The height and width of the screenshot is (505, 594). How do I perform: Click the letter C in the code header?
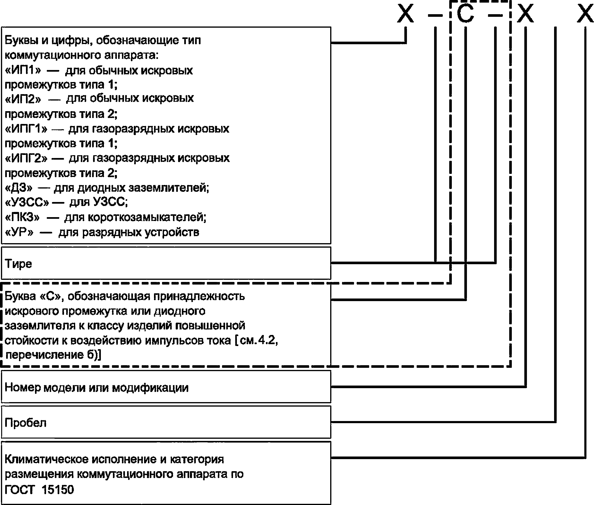pyautogui.click(x=465, y=14)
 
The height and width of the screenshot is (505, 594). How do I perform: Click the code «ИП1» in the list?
pyautogui.click(x=23, y=70)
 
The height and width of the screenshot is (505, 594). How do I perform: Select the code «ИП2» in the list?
pyautogui.click(x=23, y=99)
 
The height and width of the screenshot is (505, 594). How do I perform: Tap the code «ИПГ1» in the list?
pyautogui.click(x=26, y=129)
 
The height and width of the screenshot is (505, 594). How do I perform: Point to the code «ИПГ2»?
pyautogui.click(x=26, y=158)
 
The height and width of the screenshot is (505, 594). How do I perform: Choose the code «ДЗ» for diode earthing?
pyautogui.click(x=19, y=188)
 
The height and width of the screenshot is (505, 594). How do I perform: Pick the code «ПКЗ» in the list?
pyautogui.click(x=22, y=218)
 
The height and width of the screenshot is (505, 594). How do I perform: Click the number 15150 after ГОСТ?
pyautogui.click(x=57, y=490)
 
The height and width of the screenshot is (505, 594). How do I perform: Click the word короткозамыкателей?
pyautogui.click(x=147, y=218)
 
